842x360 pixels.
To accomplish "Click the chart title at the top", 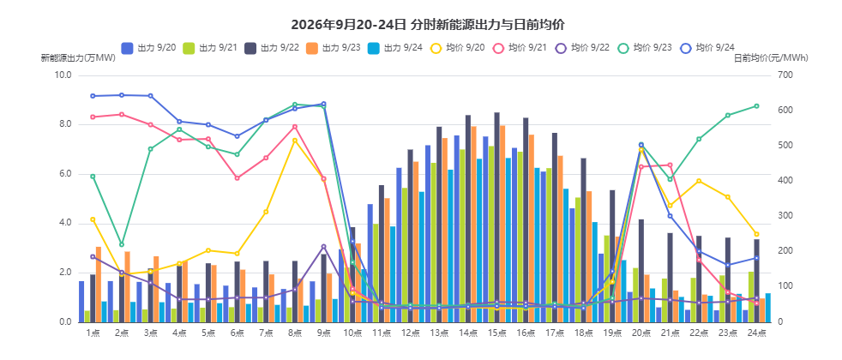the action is click(x=428, y=25).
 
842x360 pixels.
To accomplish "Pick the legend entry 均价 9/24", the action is click(x=707, y=48).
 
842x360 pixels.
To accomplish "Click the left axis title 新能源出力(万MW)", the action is click(x=78, y=58).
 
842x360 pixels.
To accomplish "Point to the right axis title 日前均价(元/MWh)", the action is click(x=771, y=58).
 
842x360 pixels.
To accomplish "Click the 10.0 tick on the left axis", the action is click(x=63, y=75).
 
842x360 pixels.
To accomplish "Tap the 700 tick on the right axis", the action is click(x=784, y=75).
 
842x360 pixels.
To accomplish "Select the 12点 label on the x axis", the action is click(x=410, y=333).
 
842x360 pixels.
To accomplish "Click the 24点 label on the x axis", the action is click(x=756, y=333).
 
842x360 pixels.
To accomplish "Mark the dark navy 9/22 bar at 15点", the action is click(x=496, y=218).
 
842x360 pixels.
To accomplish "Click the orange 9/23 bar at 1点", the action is click(x=99, y=285).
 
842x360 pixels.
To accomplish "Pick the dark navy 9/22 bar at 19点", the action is click(x=612, y=256).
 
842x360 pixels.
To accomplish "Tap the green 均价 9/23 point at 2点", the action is click(x=122, y=244).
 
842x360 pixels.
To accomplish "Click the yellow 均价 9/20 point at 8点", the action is click(x=295, y=141).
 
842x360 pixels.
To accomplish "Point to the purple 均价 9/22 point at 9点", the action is click(x=323, y=246).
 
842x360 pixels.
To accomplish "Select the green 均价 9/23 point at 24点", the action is click(x=756, y=105).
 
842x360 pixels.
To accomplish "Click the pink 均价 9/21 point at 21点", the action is click(x=670, y=165).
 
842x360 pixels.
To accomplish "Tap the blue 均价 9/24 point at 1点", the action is click(x=93, y=96).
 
